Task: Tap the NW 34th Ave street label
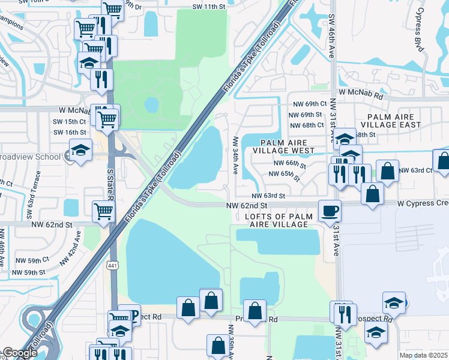click(235, 153)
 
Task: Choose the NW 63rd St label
click(268, 196)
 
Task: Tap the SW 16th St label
click(70, 132)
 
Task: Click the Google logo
click(20, 353)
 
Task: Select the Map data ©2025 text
click(423, 355)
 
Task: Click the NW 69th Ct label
click(307, 104)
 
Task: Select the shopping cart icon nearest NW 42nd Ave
click(103, 211)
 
